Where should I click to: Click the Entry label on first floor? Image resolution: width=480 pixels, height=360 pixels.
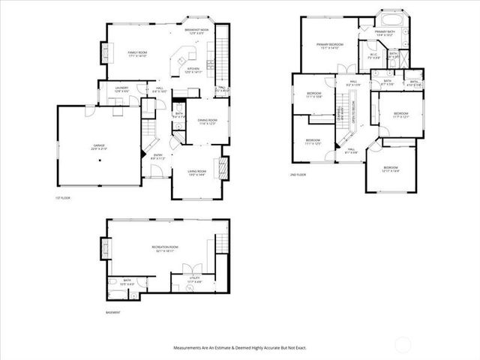click(x=157, y=157)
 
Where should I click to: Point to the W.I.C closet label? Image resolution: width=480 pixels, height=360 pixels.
click(x=373, y=55)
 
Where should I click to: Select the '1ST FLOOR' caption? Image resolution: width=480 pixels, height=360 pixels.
click(x=63, y=198)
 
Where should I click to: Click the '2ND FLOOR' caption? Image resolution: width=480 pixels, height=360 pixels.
click(x=298, y=175)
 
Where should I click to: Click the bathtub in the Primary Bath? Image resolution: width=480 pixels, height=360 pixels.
click(x=389, y=18)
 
